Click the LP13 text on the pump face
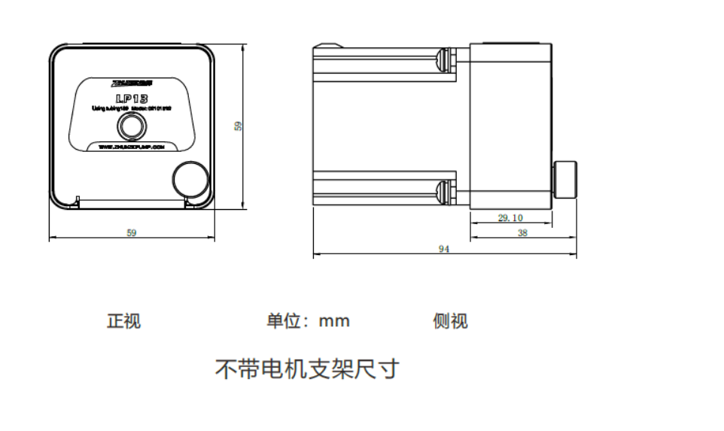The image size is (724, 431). tap(132, 99)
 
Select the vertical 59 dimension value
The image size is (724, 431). tap(239, 126)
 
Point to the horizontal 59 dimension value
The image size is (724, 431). tap(132, 233)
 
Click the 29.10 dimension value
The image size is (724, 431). tap(510, 218)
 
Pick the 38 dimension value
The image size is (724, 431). tap(523, 233)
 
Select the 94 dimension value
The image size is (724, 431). tap(444, 249)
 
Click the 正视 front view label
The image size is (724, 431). tap(123, 321)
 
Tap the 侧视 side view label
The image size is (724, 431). tap(450, 321)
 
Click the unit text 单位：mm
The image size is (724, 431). tap(308, 321)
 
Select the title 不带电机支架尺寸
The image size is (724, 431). tap(307, 369)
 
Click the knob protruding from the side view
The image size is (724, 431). tap(565, 180)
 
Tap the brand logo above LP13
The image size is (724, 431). tap(132, 81)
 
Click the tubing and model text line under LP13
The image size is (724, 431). tap(132, 109)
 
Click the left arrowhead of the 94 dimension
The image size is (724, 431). tap(316, 255)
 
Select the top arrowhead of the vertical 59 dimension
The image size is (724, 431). tap(243, 47)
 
